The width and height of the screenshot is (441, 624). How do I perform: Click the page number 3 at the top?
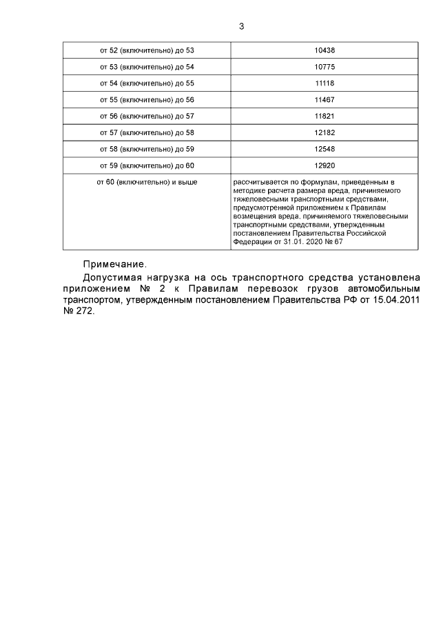[241, 27]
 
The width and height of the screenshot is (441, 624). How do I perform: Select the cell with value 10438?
[324, 50]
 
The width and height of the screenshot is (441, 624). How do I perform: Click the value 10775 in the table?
[324, 67]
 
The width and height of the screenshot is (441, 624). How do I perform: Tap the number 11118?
[324, 83]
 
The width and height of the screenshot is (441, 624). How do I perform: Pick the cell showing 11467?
[324, 100]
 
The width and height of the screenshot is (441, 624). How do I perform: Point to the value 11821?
[324, 117]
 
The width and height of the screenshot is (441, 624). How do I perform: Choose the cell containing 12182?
[324, 132]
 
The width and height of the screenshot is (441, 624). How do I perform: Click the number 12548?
[324, 149]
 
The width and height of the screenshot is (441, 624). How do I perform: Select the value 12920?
[324, 165]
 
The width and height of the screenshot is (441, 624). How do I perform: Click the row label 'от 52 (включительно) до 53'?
[147, 50]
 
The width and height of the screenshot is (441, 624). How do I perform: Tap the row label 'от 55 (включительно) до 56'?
[147, 100]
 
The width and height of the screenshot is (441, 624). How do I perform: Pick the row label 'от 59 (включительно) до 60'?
[147, 165]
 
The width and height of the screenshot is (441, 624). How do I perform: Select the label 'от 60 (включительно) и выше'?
[147, 181]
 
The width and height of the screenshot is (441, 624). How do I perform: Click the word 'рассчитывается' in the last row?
[259, 181]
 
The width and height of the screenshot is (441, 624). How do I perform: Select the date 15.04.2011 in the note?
[395, 301]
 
